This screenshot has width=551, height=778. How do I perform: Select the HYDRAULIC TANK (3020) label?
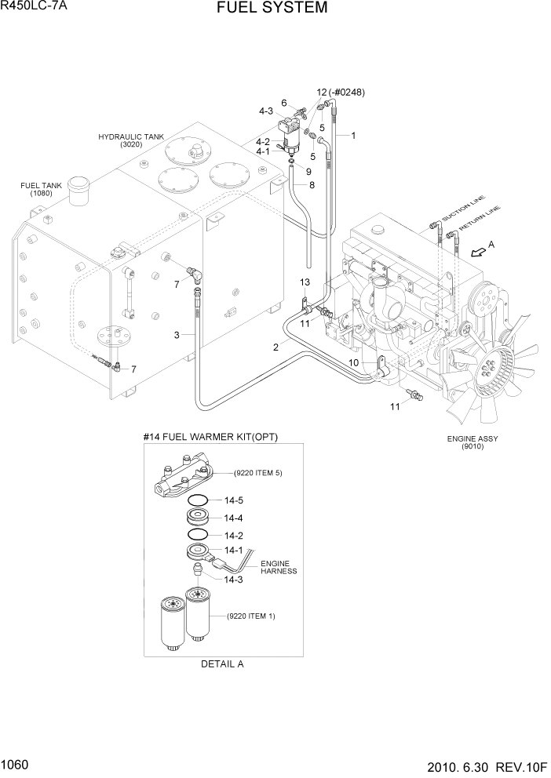(x=131, y=140)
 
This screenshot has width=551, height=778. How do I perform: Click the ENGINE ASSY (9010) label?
(x=473, y=443)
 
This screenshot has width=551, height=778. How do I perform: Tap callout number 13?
(x=305, y=282)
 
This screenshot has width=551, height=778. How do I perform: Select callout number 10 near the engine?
(x=354, y=362)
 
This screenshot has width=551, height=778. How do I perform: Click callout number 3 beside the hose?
(x=177, y=335)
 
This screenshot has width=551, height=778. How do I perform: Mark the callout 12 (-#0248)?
(x=341, y=92)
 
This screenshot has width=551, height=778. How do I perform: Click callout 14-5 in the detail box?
(x=234, y=500)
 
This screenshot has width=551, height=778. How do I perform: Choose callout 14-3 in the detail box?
(x=233, y=580)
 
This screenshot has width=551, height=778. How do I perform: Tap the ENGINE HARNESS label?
(x=279, y=567)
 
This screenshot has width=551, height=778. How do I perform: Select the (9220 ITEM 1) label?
(x=251, y=616)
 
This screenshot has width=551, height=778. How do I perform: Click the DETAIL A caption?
(x=222, y=663)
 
